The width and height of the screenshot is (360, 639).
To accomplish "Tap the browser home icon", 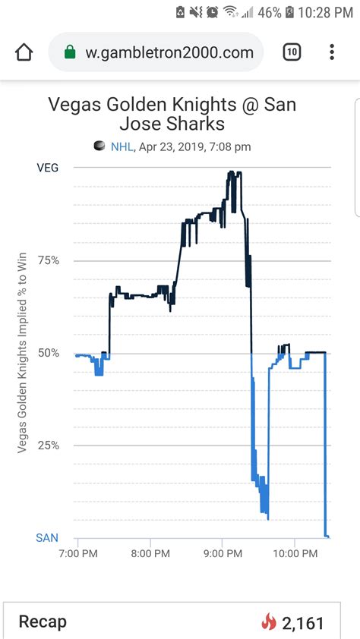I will coord(24,52).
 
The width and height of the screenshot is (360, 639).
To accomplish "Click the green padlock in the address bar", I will coord(70,52).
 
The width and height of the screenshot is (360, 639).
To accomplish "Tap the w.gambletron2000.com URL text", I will coord(169,52).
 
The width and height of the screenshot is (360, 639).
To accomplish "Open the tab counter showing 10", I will coord(292,52).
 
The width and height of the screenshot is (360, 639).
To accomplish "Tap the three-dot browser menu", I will coord(332,52).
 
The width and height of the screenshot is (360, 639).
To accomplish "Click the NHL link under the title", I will coord(122,146).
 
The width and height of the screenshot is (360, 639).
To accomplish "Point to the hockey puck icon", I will coord(99,146).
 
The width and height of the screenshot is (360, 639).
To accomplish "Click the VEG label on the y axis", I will coord(48,168).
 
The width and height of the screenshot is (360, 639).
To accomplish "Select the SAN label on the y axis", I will coord(47,538).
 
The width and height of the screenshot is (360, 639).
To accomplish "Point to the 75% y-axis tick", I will coord(48,260).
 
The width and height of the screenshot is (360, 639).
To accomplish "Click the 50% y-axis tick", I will coord(48,353).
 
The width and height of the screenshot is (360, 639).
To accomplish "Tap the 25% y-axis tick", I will coord(48,445).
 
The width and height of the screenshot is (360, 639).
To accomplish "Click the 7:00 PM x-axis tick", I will coord(77,553).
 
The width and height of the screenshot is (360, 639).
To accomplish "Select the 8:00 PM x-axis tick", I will coord(150,553).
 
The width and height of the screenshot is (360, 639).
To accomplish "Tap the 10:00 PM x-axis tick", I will coord(295,553).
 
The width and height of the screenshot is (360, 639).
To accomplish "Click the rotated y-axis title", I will coord(22,352).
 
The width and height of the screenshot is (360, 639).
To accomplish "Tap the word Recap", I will coord(43,622).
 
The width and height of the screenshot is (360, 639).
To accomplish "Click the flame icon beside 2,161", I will coord(268,623).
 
